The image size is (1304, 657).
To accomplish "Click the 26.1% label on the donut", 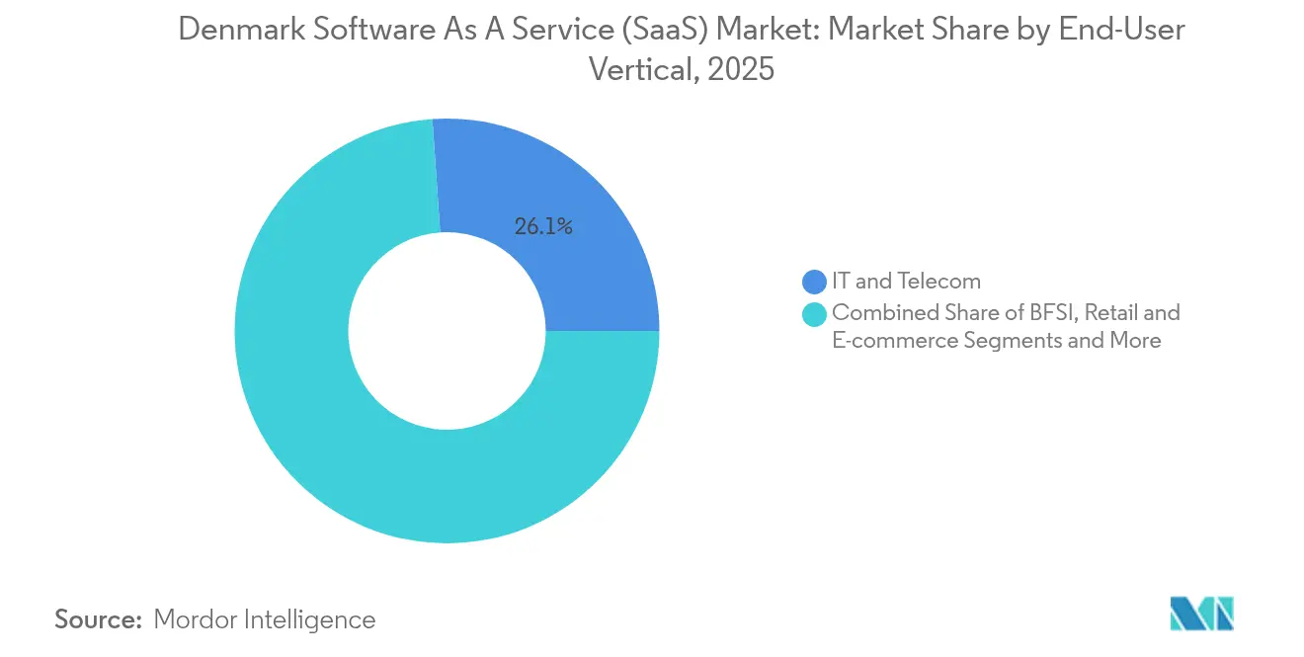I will click(542, 226).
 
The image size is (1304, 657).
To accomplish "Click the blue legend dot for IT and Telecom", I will click(815, 282).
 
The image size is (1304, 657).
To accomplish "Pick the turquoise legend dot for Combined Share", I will click(815, 314).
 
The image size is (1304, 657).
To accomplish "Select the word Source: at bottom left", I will click(98, 619).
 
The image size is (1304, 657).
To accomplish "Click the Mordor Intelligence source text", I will click(265, 619).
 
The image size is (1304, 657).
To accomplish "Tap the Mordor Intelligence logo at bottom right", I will click(1201, 614).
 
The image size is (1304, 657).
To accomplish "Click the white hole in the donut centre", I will click(447, 330).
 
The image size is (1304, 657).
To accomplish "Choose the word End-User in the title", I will click(1123, 31).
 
